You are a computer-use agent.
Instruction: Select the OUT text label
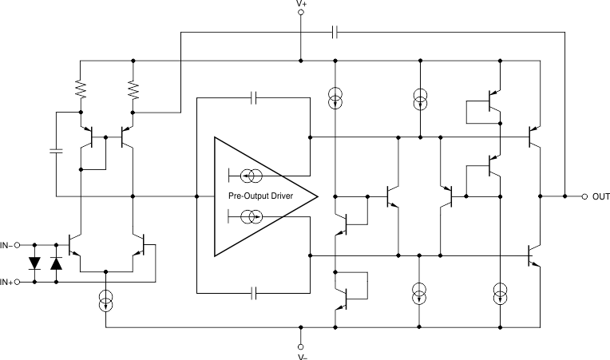point(600,196)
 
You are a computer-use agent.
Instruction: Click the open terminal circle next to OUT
point(584,196)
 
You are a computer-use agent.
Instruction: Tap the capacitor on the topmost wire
point(335,32)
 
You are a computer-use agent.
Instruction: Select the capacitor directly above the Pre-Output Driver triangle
point(254,98)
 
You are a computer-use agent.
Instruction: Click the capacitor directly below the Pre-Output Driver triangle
point(254,293)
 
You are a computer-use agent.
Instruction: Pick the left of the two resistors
point(80,89)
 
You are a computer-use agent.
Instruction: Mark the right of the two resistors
point(133,89)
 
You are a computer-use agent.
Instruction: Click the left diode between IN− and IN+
point(34,263)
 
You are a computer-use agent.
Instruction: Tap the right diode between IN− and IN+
point(56,263)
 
